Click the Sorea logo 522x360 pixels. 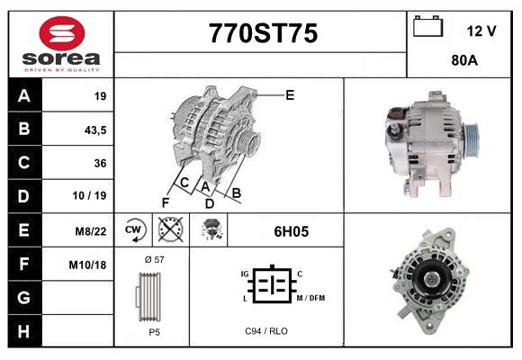coord(60,44)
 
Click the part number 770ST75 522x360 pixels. coord(263,34)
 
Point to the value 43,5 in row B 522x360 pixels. coord(94,130)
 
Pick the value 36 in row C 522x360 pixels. coord(100,163)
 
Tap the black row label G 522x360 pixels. coord(24,297)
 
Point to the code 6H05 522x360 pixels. coord(291,231)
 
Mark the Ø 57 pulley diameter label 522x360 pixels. coord(153,259)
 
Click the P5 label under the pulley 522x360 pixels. coord(154,331)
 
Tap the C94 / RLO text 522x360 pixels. coord(266,331)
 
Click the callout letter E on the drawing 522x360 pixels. coord(290,94)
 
